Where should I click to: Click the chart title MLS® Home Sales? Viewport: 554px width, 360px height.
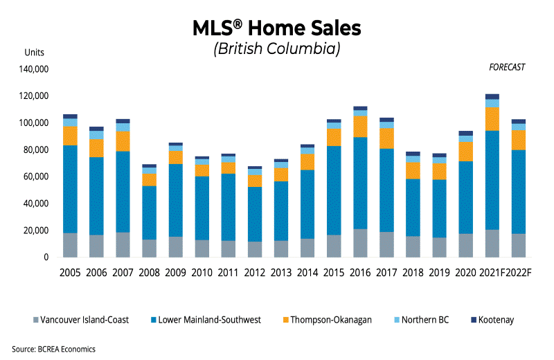pos(277,28)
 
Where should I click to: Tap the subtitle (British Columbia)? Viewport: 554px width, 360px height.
pos(277,49)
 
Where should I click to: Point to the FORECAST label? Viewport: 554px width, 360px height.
pos(507,67)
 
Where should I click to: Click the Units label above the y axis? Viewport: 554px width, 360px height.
pos(34,53)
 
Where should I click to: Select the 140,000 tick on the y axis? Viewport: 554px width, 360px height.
pos(33,69)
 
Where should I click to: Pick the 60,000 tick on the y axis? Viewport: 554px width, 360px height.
pos(35,177)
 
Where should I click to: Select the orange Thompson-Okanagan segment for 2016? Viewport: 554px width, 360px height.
pos(360,126)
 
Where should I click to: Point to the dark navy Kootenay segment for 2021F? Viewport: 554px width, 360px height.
pos(492,97)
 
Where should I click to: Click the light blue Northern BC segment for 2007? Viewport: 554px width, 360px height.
pos(122,127)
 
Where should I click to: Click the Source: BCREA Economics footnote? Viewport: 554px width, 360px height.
pos(53,349)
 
